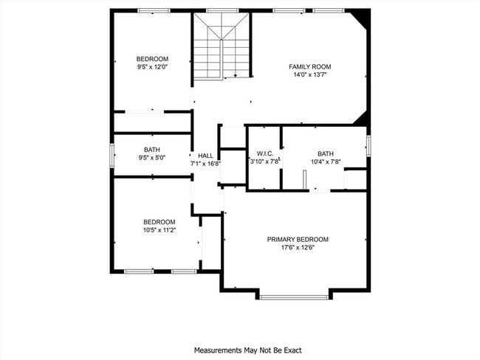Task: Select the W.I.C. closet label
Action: tap(264, 153)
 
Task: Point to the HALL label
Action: tap(205, 156)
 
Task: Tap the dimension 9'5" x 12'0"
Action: tap(152, 67)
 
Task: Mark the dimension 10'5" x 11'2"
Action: tap(159, 230)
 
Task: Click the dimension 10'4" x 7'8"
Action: tap(325, 162)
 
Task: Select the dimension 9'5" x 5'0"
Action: tap(152, 157)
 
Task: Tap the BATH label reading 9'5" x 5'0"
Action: tap(152, 149)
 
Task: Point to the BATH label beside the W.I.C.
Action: tap(326, 153)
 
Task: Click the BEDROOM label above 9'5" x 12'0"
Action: tap(152, 59)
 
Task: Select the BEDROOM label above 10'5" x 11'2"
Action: tap(159, 222)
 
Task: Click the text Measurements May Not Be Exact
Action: tap(247, 350)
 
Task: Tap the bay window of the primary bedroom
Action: tap(293, 297)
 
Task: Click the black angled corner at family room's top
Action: tap(360, 15)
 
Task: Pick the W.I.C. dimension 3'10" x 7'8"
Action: tap(264, 162)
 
